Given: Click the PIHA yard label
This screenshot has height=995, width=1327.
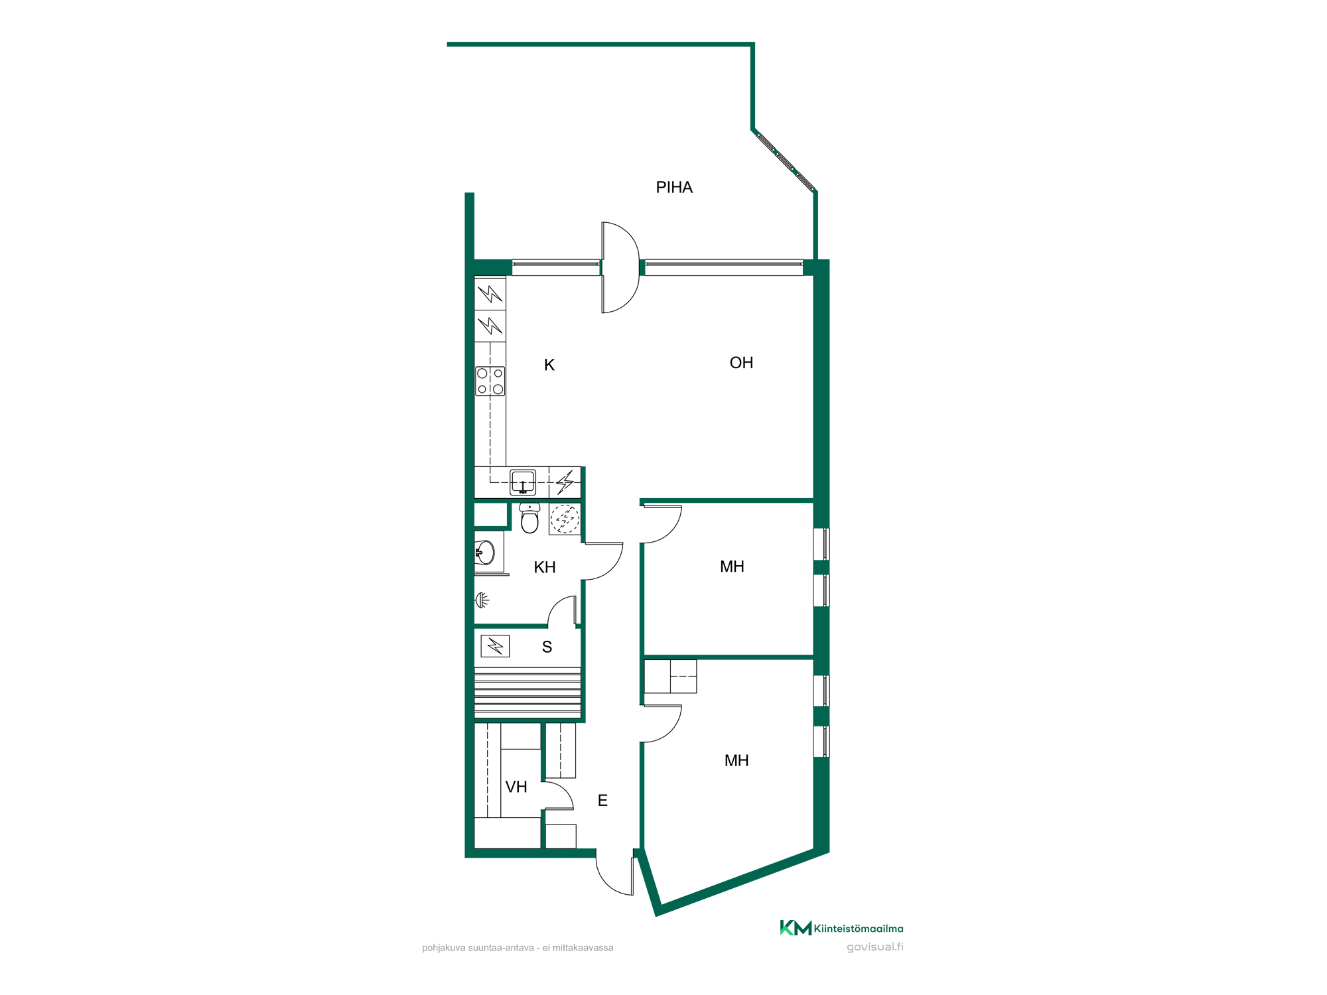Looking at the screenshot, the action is (x=674, y=188).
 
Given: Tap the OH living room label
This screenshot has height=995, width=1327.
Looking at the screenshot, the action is (x=741, y=363).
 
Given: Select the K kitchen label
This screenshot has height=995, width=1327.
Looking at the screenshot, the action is (x=549, y=365).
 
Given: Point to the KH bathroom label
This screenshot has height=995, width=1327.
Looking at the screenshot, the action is (x=545, y=567).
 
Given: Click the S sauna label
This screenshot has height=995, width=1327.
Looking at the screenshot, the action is (x=547, y=647).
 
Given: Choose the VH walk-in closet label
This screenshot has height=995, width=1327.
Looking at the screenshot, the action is (x=516, y=787).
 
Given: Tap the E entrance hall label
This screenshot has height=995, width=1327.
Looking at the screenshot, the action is (x=602, y=801).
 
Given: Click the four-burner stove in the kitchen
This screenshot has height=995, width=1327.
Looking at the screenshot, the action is (x=490, y=381).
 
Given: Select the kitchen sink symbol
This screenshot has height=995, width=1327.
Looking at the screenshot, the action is (x=523, y=482).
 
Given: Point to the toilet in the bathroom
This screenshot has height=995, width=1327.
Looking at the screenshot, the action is (x=529, y=518).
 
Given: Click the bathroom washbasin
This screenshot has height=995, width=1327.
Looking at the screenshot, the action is (x=485, y=552).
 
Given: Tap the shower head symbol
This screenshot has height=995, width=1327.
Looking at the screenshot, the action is (x=482, y=600).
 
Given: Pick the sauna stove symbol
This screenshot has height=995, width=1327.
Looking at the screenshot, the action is (x=495, y=646).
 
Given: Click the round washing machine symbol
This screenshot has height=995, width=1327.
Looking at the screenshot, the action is (x=565, y=519).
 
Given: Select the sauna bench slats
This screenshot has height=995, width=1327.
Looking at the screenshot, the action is (x=527, y=693).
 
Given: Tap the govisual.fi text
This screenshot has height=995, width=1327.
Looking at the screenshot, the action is (x=875, y=947).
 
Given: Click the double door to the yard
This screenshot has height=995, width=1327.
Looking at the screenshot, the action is (x=620, y=267).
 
